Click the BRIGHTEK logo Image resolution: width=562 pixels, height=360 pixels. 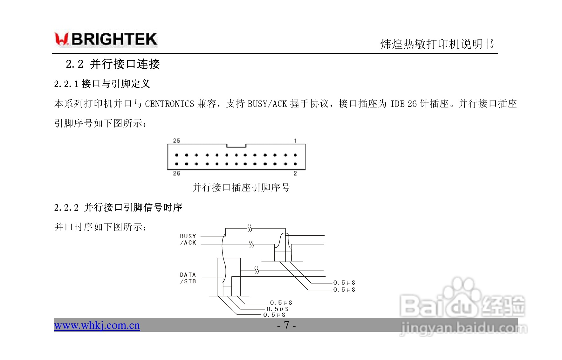pyautogui.click(x=106, y=39)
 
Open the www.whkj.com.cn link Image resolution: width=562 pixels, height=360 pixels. pyautogui.click(x=97, y=325)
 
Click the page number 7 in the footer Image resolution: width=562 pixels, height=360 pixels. pyautogui.click(x=286, y=325)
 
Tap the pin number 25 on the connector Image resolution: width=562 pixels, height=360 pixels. pyautogui.click(x=176, y=141)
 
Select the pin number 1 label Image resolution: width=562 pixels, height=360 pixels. pyautogui.click(x=295, y=141)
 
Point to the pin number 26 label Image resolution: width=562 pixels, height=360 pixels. pyautogui.click(x=176, y=173)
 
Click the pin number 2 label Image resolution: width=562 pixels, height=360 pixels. pyautogui.click(x=295, y=173)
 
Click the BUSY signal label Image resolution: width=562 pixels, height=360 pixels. pyautogui.click(x=188, y=236)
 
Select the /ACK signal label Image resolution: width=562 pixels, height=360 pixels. pyautogui.click(x=188, y=243)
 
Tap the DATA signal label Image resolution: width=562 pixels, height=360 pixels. pyautogui.click(x=188, y=275)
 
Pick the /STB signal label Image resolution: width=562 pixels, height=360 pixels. pyautogui.click(x=188, y=281)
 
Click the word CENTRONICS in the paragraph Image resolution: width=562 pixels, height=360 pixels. pyautogui.click(x=169, y=104)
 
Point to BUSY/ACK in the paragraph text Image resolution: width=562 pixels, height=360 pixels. pyautogui.click(x=267, y=104)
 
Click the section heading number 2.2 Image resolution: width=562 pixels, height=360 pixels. pyautogui.click(x=74, y=64)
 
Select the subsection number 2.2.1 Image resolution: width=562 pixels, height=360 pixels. pyautogui.click(x=66, y=84)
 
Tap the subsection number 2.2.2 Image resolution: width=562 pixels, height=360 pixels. pyautogui.click(x=66, y=208)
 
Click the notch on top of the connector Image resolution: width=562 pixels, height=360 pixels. pyautogui.click(x=236, y=146)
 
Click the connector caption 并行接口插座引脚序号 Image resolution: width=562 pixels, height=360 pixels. pyautogui.click(x=241, y=188)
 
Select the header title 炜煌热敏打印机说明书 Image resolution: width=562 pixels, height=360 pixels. pyautogui.click(x=437, y=44)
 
